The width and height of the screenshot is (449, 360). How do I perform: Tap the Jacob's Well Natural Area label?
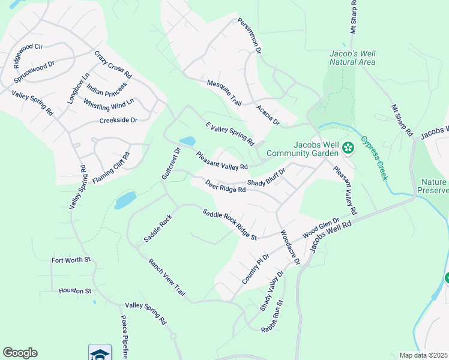(352, 58)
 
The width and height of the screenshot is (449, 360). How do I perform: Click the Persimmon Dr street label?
(249, 37)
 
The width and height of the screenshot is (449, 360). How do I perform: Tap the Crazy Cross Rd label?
(113, 65)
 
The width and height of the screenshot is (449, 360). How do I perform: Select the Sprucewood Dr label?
(34, 71)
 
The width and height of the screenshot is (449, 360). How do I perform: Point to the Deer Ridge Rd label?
(225, 187)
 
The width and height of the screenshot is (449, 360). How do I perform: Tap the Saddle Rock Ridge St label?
(229, 224)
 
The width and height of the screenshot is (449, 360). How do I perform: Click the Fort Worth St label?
(71, 260)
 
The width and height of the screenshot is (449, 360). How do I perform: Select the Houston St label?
(74, 291)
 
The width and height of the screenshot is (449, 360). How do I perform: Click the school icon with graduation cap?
(100, 353)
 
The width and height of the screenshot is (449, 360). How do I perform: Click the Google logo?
(20, 353)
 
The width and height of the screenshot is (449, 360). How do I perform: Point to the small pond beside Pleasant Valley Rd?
(187, 142)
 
